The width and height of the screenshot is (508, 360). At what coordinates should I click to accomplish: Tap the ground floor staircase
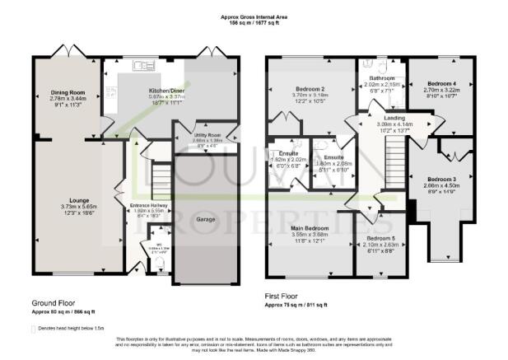tap(160, 178)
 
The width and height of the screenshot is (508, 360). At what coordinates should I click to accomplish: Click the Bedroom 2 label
tap(310, 89)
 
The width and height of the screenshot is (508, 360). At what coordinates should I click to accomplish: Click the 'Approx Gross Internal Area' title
tap(254, 16)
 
